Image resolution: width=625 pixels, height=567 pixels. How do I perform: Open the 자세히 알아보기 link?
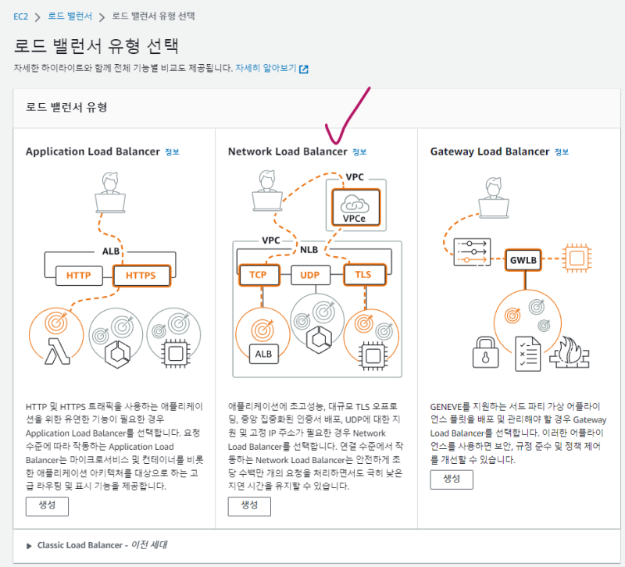pos(266,69)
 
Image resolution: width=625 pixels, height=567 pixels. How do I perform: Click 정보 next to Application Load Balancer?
pos(172,152)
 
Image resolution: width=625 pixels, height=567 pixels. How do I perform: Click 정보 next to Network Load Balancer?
pos(359,152)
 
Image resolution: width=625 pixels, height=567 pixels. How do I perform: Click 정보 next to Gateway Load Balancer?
pos(562,152)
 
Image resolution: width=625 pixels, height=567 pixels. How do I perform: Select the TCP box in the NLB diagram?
pos(259,276)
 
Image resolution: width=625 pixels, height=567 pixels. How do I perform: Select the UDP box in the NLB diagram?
pos(309,276)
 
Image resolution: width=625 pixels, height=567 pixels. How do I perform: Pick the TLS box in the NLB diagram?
pos(362,276)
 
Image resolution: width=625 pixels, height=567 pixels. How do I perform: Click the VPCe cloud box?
pos(354,207)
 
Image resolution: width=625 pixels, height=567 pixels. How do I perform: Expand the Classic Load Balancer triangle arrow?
pos(30,545)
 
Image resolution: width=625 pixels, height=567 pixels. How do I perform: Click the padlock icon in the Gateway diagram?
pos(486,351)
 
